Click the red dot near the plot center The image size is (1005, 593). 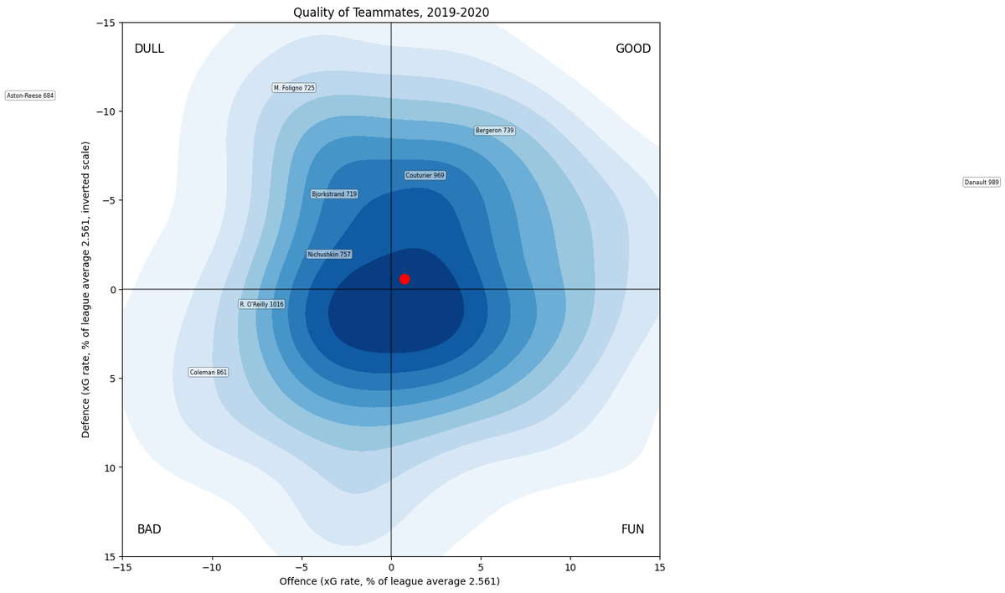(x=405, y=279)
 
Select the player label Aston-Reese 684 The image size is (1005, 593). (x=30, y=95)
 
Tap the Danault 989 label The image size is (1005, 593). (x=982, y=182)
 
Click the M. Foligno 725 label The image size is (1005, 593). (x=294, y=88)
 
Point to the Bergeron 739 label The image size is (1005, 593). (x=495, y=131)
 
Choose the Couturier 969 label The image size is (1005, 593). (x=425, y=175)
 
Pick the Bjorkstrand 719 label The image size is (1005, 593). (x=334, y=194)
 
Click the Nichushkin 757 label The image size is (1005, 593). (x=329, y=255)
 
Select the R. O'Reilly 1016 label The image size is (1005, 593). (x=261, y=304)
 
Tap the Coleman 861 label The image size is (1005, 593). (x=209, y=372)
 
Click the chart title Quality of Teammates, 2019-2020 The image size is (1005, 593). (x=391, y=13)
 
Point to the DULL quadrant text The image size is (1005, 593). (x=149, y=49)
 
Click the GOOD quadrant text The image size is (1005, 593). (x=633, y=49)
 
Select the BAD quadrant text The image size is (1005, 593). (x=149, y=529)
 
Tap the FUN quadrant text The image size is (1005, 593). (x=633, y=529)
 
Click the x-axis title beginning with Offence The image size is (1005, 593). (x=389, y=581)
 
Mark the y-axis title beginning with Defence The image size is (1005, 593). (x=86, y=289)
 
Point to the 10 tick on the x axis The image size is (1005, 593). (x=570, y=567)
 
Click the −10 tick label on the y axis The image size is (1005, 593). (x=106, y=111)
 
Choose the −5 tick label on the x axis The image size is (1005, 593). (x=301, y=567)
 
